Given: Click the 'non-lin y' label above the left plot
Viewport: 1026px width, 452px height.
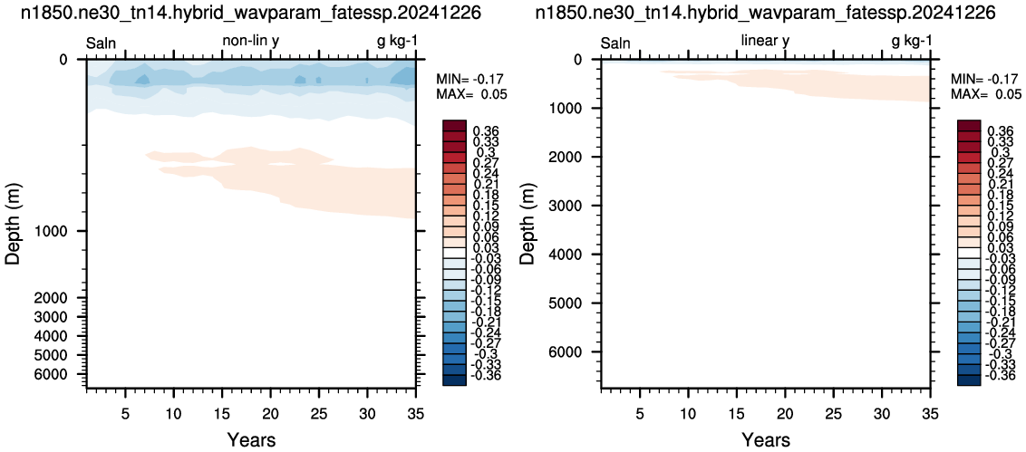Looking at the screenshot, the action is pos(251,41).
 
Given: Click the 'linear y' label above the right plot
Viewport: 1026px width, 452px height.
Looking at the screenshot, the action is pos(766,41).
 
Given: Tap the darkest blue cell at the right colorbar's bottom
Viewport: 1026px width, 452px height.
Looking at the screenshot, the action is pos(968,380).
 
